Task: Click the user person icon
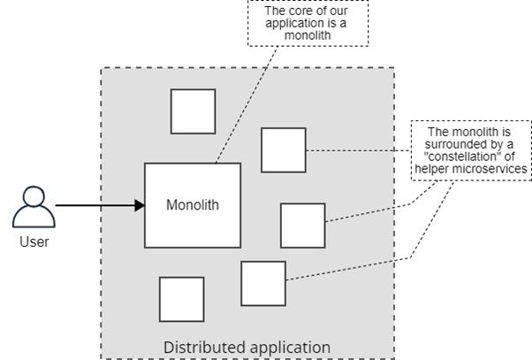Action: tap(34, 206)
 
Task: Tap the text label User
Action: tap(34, 242)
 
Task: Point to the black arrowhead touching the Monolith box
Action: tap(140, 205)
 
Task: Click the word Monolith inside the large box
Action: tap(193, 205)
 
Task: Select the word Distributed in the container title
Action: tap(204, 348)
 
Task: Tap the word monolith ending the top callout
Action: tap(308, 35)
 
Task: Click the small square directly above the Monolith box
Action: tap(193, 111)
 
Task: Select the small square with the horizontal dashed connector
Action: tap(284, 150)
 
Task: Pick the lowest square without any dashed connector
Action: tap(182, 299)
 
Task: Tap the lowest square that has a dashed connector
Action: tap(263, 284)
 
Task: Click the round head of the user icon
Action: tap(34, 196)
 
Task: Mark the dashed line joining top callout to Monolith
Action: tap(247, 104)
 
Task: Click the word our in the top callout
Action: tap(338, 11)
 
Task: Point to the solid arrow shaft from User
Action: tap(95, 205)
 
